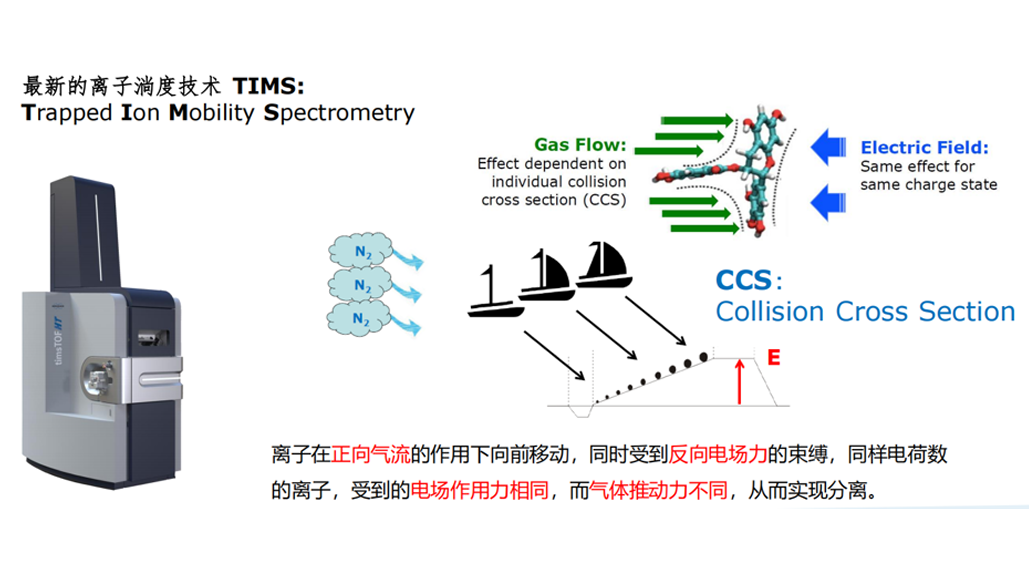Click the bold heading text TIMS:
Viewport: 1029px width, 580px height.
[x=268, y=86]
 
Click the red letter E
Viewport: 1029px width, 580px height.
[x=774, y=357]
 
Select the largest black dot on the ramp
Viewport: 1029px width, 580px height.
[x=703, y=357]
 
